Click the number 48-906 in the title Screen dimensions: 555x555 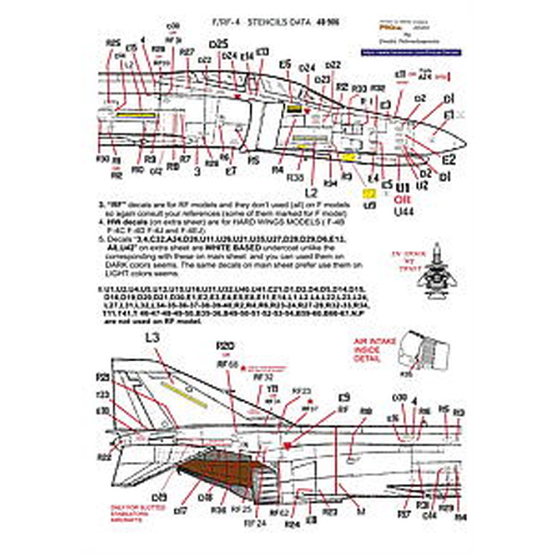coord(327,23)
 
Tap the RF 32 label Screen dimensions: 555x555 coord(261,376)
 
